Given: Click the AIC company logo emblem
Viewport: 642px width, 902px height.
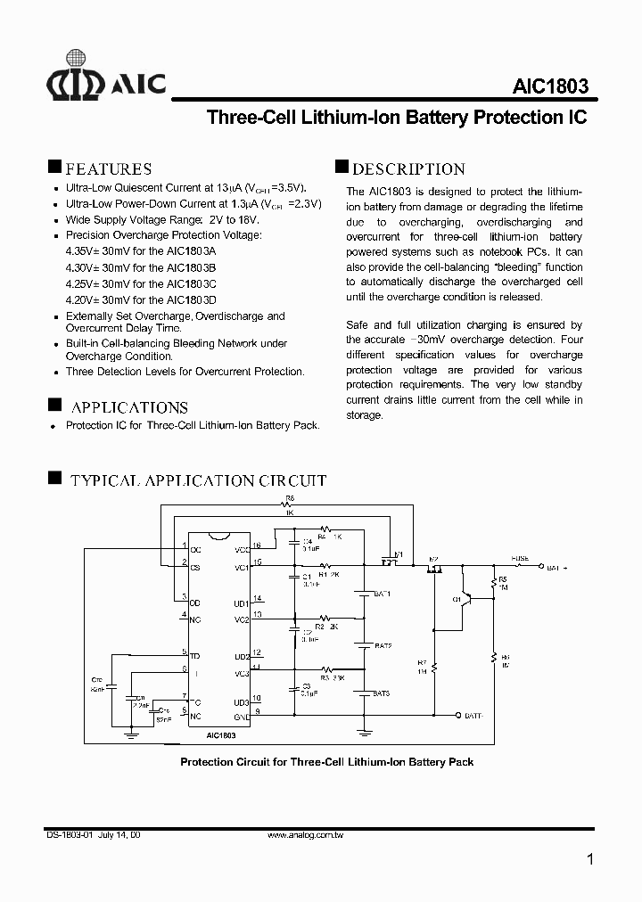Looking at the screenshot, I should click(76, 82).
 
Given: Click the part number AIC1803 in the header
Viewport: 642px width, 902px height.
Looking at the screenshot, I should click(550, 87).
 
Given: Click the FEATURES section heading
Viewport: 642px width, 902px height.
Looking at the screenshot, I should click(109, 168).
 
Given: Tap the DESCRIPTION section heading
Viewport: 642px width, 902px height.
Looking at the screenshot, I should click(408, 168).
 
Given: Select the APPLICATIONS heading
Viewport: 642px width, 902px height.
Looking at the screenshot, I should click(128, 406).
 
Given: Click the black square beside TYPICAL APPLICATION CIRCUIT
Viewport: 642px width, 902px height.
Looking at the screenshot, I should click(53, 479).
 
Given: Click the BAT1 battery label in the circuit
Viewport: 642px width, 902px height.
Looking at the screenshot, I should click(383, 594).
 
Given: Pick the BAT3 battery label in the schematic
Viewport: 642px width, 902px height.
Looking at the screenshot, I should click(382, 693).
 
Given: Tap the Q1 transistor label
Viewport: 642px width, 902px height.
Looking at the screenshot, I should click(457, 600).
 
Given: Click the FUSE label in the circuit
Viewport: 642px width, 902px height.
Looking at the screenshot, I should click(520, 559).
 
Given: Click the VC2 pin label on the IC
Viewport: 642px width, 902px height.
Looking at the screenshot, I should click(241, 619).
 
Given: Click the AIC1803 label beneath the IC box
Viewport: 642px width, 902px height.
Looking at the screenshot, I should click(221, 736).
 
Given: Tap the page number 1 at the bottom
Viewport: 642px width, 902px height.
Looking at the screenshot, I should click(591, 860).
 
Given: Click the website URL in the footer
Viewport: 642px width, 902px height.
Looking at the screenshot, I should click(306, 835).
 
